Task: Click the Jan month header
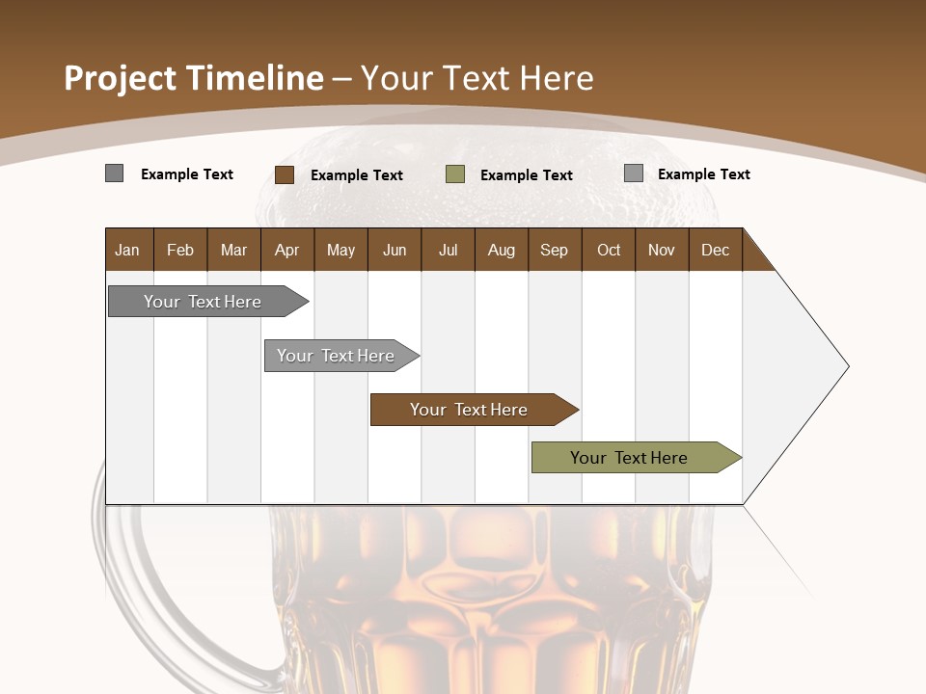pyautogui.click(x=127, y=250)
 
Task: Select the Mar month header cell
pyautogui.click(x=233, y=250)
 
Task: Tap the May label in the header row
pyautogui.click(x=340, y=250)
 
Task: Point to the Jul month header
pyautogui.click(x=448, y=250)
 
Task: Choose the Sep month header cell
pyautogui.click(x=554, y=250)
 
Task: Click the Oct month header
pyautogui.click(x=609, y=250)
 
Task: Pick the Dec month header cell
pyautogui.click(x=715, y=250)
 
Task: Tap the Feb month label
pyautogui.click(x=180, y=250)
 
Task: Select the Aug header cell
pyautogui.click(x=501, y=250)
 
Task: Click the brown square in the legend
pyautogui.click(x=285, y=174)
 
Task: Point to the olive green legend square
pyautogui.click(x=455, y=174)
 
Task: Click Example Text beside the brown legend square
pyautogui.click(x=356, y=175)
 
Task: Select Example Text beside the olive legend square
pyautogui.click(x=526, y=175)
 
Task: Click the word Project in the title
pyautogui.click(x=121, y=78)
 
